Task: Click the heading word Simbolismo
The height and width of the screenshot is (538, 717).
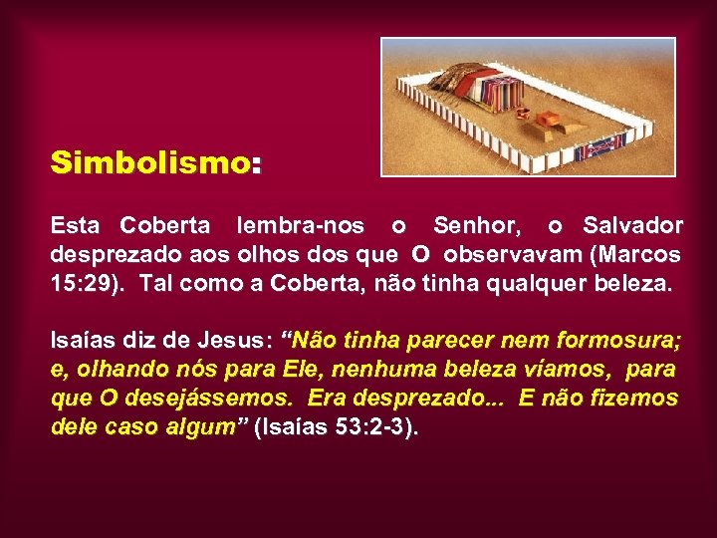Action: tap(150, 162)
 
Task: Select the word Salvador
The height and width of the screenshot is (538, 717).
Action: tap(632, 226)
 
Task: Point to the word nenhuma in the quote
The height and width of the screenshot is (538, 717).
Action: tap(384, 371)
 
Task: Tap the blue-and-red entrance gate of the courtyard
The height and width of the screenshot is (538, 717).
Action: tap(601, 146)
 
